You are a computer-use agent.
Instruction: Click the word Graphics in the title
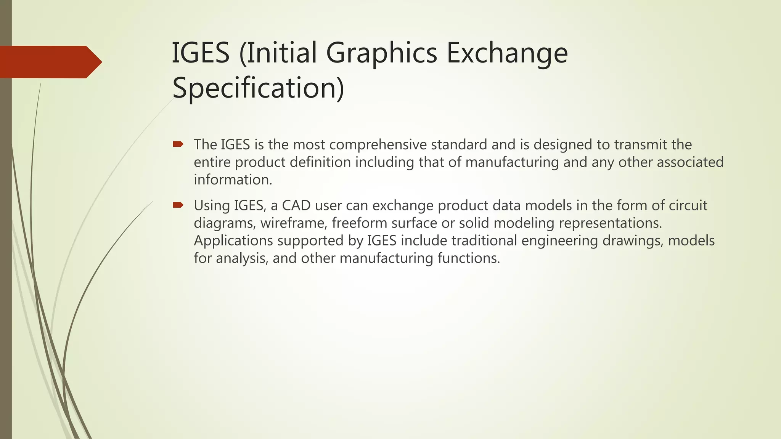tap(381, 53)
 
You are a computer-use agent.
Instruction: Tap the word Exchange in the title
tap(507, 53)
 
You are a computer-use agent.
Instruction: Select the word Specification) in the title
tap(258, 88)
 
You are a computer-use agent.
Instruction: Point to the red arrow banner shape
tap(50, 62)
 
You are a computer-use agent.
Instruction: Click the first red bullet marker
tap(178, 144)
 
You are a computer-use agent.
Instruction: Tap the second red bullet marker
tap(178, 205)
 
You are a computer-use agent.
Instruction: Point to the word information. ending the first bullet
tap(233, 180)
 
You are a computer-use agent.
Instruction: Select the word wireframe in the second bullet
tap(294, 223)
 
